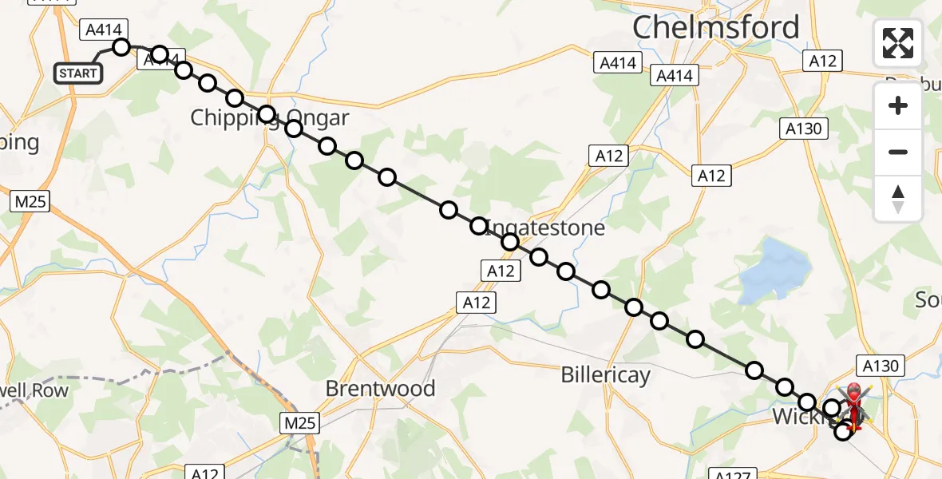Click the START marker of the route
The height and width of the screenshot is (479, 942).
click(x=78, y=73)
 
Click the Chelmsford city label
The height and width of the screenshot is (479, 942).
click(x=715, y=28)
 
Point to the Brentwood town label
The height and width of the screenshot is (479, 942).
click(x=381, y=389)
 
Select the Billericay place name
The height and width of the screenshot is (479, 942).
click(x=605, y=374)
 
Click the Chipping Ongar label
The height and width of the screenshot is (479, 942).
click(x=269, y=119)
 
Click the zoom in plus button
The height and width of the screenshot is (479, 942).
click(x=898, y=105)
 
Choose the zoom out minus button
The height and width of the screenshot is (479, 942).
click(x=898, y=152)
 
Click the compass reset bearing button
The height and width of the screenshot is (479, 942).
click(x=898, y=198)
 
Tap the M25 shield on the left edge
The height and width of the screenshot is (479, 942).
click(x=30, y=202)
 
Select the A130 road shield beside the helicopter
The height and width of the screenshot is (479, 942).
click(x=881, y=366)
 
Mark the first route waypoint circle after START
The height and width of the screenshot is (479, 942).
click(x=121, y=47)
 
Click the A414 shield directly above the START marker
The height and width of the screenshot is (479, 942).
click(x=103, y=30)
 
